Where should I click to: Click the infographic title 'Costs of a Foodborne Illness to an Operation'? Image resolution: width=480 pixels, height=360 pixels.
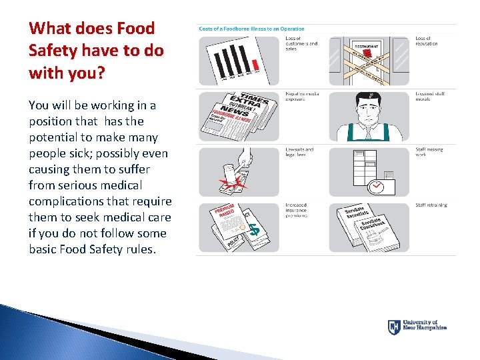tap(251, 29)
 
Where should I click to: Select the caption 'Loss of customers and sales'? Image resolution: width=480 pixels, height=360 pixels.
tap(301, 44)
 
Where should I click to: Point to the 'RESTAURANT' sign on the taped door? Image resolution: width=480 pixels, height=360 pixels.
tap(367, 47)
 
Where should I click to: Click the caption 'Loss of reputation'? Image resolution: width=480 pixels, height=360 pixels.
tap(427, 41)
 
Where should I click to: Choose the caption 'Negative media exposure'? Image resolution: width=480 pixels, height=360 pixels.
tap(302, 97)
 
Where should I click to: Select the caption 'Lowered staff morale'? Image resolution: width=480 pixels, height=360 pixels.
tap(430, 97)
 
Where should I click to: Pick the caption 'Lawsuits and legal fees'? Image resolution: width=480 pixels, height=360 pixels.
tap(299, 153)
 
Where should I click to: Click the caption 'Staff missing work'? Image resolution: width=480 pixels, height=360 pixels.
tap(429, 153)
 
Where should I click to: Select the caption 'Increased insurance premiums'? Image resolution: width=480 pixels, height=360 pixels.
tap(297, 211)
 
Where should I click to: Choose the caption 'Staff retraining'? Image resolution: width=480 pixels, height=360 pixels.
tap(431, 205)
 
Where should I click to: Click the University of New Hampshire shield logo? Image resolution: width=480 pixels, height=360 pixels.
tap(394, 327)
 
